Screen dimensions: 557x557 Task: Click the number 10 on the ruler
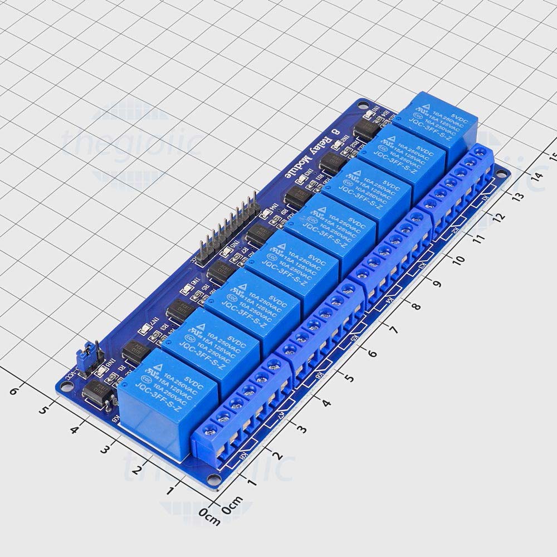tap(458, 260)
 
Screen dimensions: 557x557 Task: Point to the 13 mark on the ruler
tap(518, 196)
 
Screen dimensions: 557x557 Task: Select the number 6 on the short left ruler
tap(14, 392)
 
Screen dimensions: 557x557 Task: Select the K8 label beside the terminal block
tap(244, 461)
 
